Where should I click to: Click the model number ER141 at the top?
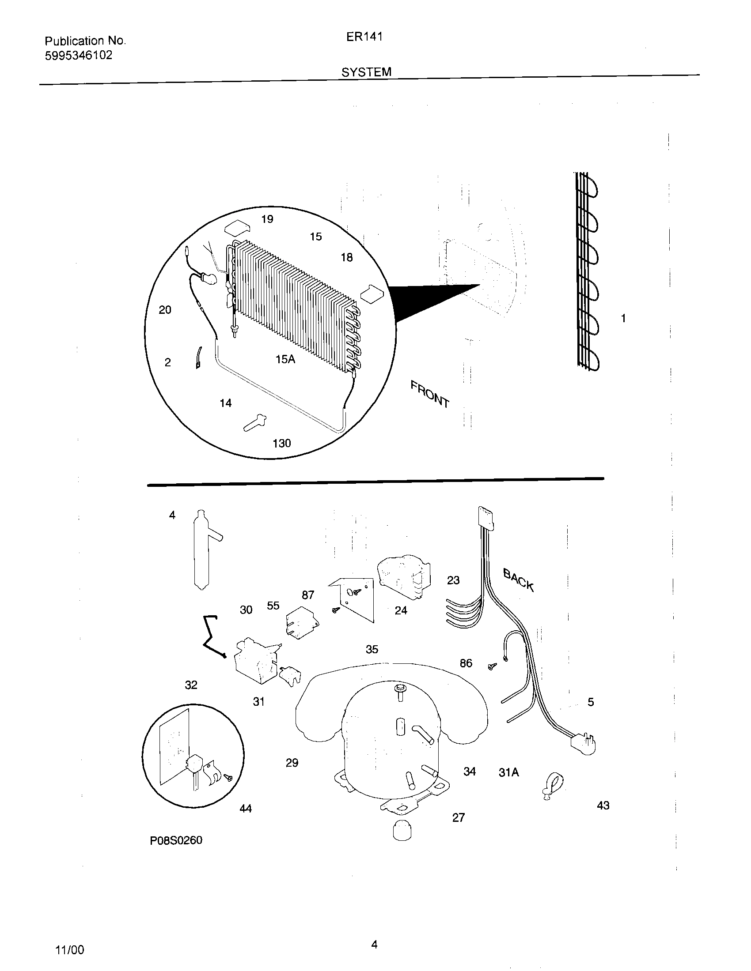(364, 37)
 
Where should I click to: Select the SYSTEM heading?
(366, 72)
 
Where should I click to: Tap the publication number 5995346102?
(78, 56)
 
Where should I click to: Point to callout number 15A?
(285, 359)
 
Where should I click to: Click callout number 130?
(282, 443)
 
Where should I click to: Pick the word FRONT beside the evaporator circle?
(430, 394)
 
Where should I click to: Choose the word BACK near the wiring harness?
(518, 580)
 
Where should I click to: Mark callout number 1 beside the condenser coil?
(623, 318)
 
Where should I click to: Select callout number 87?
(308, 595)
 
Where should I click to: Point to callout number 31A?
(508, 773)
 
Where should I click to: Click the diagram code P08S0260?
(176, 840)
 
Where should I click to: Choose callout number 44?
(246, 809)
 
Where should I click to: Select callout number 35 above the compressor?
(372, 649)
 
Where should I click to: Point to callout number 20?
(165, 310)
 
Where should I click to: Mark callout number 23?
(453, 580)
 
